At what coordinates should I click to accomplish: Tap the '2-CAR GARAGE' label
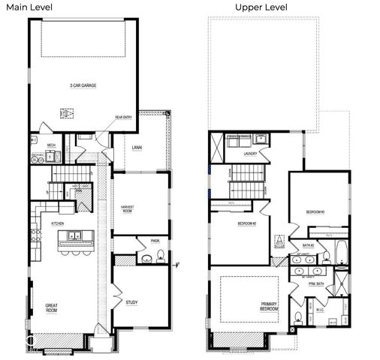click(83, 85)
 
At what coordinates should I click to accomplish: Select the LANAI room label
click(137, 148)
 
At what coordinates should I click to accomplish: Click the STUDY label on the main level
click(131, 302)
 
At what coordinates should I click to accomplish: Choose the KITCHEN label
click(58, 223)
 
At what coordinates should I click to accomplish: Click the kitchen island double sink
click(75, 236)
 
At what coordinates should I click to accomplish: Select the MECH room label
click(51, 145)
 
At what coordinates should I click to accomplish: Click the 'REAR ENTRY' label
click(123, 117)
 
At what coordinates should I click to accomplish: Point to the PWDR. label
click(155, 241)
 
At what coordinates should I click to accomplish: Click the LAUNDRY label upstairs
click(251, 154)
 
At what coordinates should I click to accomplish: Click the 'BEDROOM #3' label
click(315, 212)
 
